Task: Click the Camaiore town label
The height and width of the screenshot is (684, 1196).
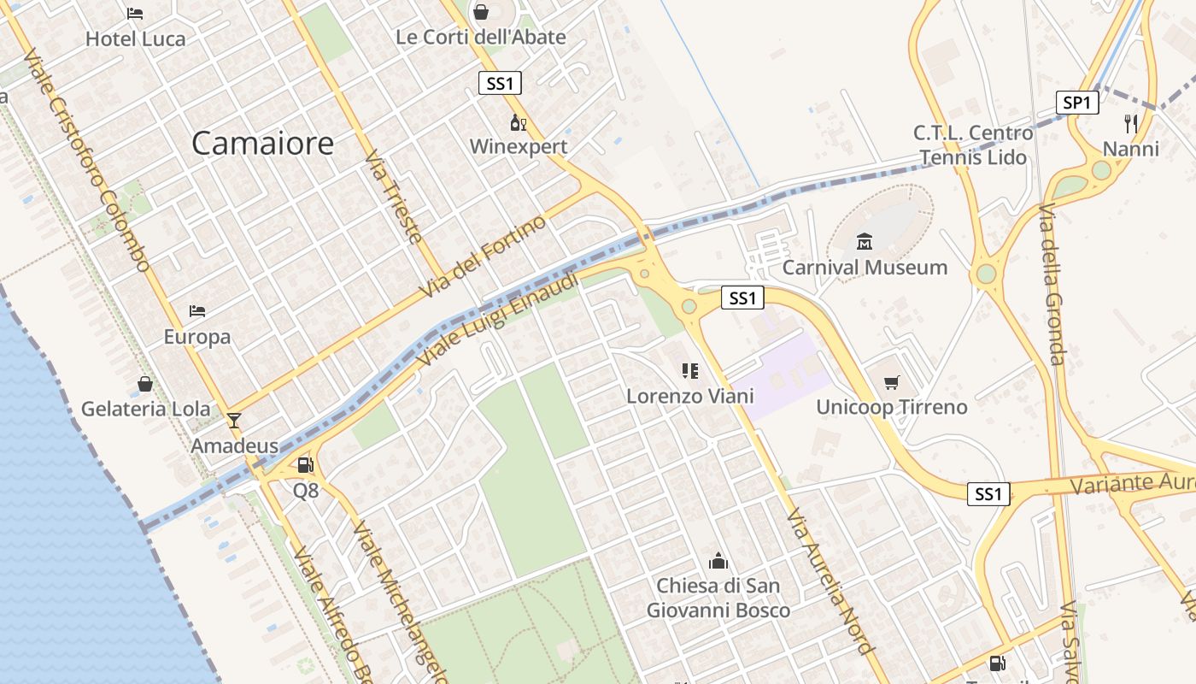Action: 262,143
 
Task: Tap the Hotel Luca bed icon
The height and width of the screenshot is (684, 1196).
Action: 135,14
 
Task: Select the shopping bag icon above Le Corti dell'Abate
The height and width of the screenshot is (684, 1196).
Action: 481,12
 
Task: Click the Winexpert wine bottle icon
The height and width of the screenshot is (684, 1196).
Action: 518,122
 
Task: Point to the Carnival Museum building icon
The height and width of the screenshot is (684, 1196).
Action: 865,242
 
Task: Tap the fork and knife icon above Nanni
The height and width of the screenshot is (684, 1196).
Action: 1131,124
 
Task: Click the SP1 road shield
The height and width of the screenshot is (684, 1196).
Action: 1076,103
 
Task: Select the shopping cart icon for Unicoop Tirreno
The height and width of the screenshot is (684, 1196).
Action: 892,382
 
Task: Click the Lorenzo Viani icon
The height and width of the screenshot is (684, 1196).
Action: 690,371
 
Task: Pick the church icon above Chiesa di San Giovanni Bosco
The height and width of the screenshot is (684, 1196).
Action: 718,561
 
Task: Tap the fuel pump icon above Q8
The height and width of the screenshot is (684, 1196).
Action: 305,465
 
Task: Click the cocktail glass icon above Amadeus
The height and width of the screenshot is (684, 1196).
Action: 234,421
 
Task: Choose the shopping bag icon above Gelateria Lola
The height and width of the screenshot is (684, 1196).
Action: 145,384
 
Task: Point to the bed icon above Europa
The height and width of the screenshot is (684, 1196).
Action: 197,311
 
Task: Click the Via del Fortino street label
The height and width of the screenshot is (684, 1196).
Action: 483,257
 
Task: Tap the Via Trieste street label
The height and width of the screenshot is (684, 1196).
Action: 395,198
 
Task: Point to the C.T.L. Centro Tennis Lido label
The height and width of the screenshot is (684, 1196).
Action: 973,145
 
